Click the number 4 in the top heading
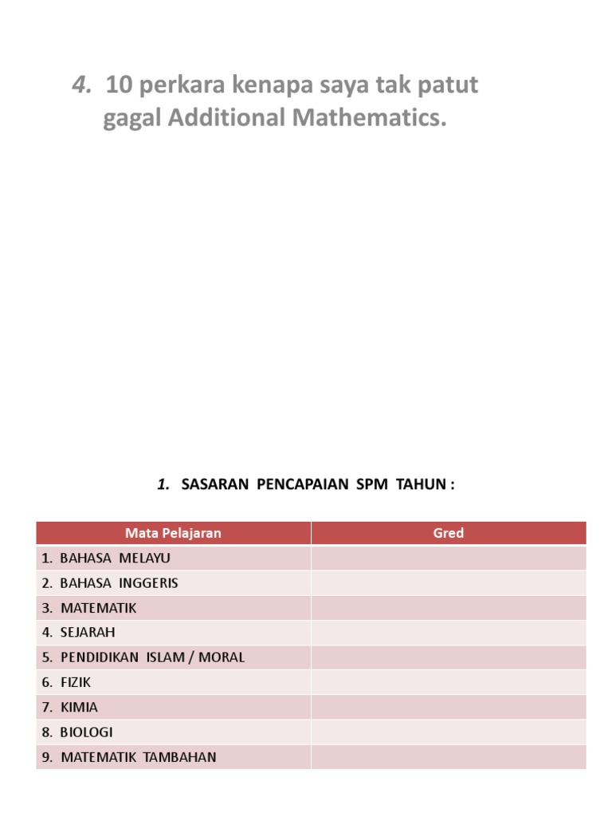pyautogui.click(x=80, y=85)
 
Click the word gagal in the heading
pyautogui.click(x=131, y=118)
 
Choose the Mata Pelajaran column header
pyautogui.click(x=173, y=533)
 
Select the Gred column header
pyautogui.click(x=448, y=533)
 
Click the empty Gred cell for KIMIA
pyautogui.click(x=448, y=707)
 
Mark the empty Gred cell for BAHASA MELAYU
pyautogui.click(x=448, y=558)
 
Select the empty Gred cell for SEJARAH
pyautogui.click(x=448, y=633)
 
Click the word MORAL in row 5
pyautogui.click(x=222, y=657)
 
